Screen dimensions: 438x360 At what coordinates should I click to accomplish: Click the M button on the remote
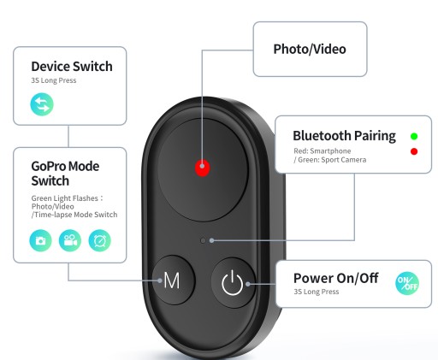coord(174,280)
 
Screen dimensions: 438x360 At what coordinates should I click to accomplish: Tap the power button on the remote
coord(233,282)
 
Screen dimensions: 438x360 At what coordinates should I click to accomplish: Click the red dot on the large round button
coord(202,168)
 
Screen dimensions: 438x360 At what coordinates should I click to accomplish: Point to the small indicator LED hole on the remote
coord(203,241)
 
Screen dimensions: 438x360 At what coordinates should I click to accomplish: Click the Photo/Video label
coord(310,49)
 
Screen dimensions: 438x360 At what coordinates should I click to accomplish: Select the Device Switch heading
coord(72,67)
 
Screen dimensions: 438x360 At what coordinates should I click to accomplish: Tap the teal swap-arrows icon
coord(42,104)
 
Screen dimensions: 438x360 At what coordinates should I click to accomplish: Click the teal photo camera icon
coord(40,240)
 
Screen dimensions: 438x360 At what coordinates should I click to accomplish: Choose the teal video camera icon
coord(70,240)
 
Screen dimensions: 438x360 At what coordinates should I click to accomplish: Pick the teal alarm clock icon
coord(99,240)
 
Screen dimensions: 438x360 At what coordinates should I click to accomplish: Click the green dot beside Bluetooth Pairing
coord(414,136)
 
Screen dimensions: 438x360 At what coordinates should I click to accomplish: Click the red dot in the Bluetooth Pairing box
coord(414,151)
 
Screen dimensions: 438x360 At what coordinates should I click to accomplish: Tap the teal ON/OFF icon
coord(407,283)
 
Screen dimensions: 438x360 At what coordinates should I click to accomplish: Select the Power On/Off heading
coord(336,278)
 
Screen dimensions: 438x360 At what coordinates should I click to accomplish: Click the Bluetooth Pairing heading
coord(345,136)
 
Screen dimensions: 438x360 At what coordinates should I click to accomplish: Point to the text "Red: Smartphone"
coord(323,150)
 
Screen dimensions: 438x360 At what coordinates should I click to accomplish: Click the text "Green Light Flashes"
coord(65,198)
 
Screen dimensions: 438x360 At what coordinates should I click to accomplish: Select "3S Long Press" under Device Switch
coord(54,80)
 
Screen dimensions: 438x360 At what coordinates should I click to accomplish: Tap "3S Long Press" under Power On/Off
coord(317,292)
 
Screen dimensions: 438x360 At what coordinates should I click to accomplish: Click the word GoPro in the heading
coord(49,166)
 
